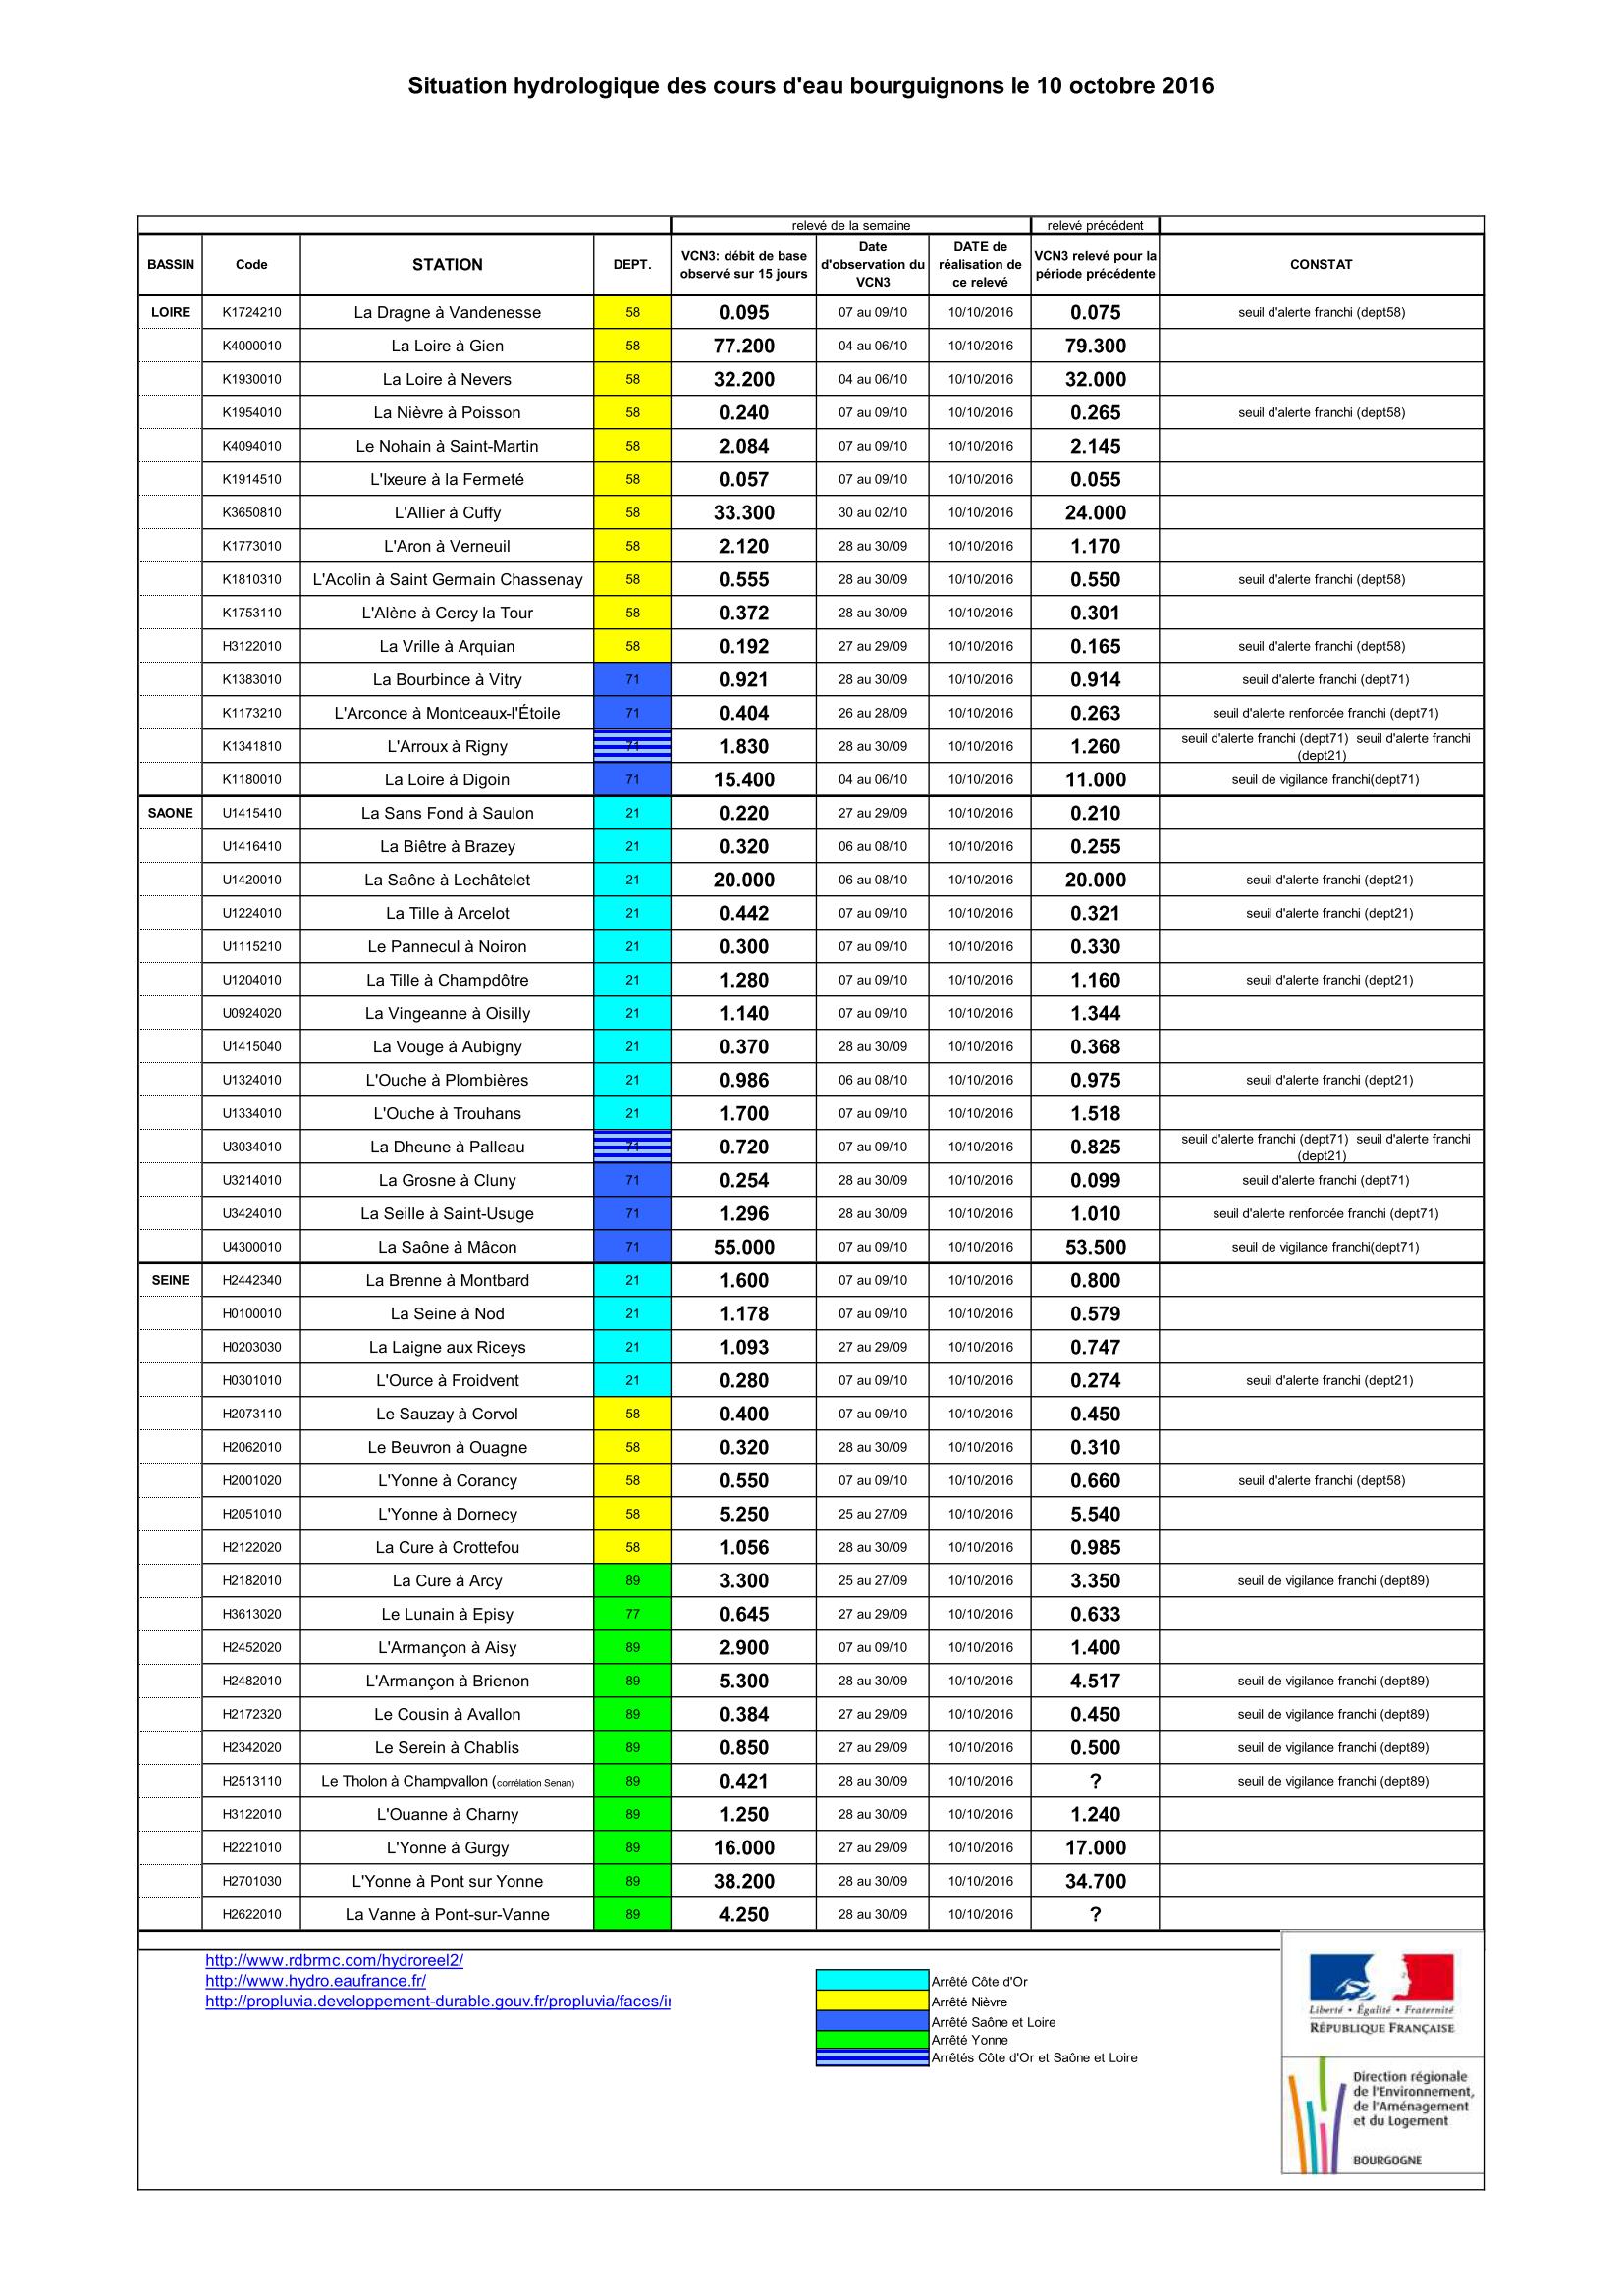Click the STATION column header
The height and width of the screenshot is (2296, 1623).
(x=447, y=264)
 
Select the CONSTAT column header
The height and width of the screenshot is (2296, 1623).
(x=1320, y=264)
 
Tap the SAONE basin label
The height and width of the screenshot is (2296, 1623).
(x=170, y=813)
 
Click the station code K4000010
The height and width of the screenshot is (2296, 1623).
(x=251, y=346)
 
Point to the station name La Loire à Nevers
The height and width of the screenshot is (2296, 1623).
(x=447, y=379)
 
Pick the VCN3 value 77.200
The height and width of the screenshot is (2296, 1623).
(x=743, y=346)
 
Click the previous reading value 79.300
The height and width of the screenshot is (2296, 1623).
(x=1095, y=346)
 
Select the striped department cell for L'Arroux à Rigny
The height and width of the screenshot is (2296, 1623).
(x=632, y=746)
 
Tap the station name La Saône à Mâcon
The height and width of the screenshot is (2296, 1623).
(x=447, y=1247)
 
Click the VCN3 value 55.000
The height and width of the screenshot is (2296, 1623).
(x=743, y=1247)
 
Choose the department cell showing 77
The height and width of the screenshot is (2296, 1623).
(x=632, y=1614)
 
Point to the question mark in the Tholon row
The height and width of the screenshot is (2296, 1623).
(x=1095, y=1781)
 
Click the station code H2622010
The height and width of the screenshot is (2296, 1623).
(x=251, y=1914)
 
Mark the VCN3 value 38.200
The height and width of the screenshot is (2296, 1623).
(x=743, y=1881)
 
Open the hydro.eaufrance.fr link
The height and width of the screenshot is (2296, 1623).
(x=315, y=1980)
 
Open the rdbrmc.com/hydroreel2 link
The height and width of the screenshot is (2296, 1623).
(x=334, y=1960)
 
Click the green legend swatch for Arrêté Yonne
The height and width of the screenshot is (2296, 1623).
(x=872, y=2039)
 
